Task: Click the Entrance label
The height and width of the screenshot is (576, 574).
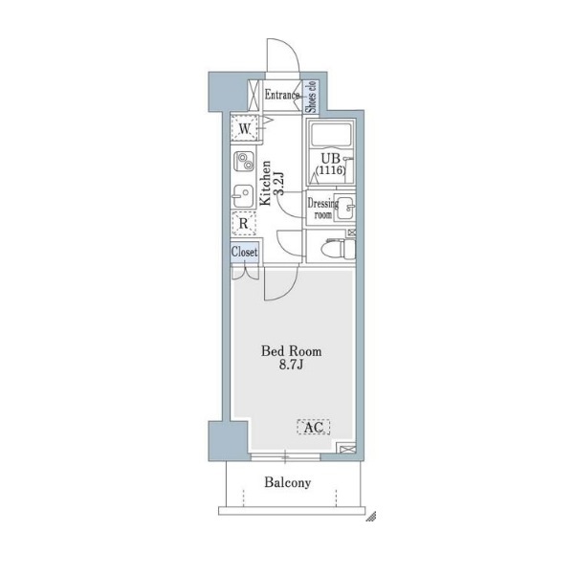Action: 282,95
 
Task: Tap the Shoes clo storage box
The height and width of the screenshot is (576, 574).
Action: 311,97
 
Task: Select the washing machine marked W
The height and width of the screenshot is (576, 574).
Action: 244,128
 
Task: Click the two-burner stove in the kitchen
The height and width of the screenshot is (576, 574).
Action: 244,162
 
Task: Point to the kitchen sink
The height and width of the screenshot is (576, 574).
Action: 244,196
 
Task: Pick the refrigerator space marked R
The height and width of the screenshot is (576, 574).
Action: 244,223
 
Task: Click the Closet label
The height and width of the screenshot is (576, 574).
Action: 244,253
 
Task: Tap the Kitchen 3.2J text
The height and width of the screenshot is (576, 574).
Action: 271,183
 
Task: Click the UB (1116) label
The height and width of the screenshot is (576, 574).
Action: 330,164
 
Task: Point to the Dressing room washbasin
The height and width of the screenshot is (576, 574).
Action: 345,208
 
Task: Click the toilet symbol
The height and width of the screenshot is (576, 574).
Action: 338,248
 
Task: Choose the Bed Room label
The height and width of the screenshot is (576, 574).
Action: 291,351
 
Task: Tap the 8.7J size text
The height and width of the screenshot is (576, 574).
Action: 291,365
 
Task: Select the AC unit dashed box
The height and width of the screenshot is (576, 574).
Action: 313,427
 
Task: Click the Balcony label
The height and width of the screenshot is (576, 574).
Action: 288,482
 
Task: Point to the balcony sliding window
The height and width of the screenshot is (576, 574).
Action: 285,457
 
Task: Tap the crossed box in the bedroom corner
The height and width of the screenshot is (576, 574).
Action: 346,449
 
